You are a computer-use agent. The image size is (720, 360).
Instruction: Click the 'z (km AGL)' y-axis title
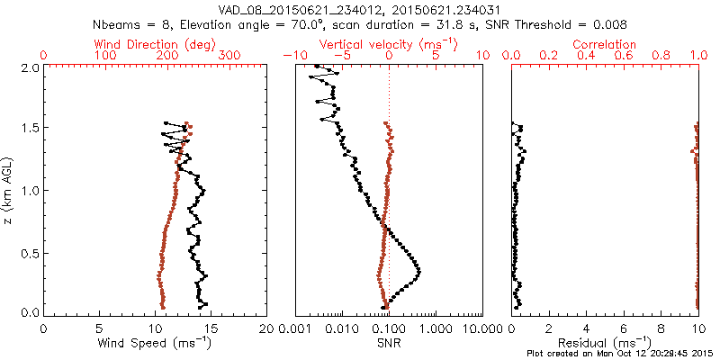coord(10,189)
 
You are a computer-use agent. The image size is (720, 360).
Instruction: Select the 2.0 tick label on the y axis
coord(30,67)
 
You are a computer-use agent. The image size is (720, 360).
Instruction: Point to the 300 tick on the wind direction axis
coord(229,56)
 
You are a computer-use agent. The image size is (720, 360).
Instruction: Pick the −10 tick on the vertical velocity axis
coord(290,56)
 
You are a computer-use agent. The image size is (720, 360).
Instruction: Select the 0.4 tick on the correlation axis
coord(586,56)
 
